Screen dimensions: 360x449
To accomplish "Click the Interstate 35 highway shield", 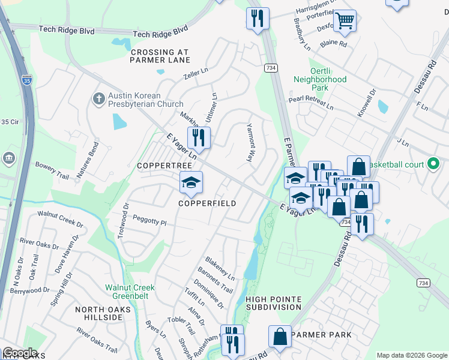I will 26,79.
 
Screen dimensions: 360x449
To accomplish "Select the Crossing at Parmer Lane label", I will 160,56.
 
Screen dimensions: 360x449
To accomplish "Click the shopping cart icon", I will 345,21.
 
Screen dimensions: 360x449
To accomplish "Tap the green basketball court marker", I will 433,164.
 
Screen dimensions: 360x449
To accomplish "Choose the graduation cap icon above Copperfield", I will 191,182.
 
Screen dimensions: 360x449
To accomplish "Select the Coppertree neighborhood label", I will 164,165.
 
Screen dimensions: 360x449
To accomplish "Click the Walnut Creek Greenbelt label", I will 130,292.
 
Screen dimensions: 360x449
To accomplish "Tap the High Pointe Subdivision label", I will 273,303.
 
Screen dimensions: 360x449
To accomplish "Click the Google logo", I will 19,353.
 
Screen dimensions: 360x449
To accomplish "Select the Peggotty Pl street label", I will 149,221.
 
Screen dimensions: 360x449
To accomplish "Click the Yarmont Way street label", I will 250,143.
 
